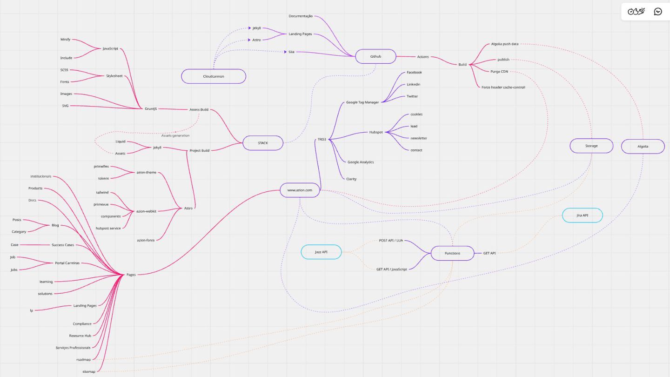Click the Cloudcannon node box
pos(214,76)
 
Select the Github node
pos(375,56)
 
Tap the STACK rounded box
pos(263,143)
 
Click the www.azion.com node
pos(300,190)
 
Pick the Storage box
pos(591,146)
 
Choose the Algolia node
pos(643,146)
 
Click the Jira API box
pos(582,215)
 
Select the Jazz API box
pos(321,252)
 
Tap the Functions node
pos(452,253)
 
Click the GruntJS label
pos(150,108)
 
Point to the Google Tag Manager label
pos(362,102)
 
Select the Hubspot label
pos(376,132)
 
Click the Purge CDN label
pos(499,71)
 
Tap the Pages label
pos(131,275)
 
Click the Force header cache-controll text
pos(503,87)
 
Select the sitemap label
pos(88,371)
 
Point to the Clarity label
pos(351,179)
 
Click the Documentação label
pos(301,16)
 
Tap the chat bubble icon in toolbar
pos(658,12)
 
